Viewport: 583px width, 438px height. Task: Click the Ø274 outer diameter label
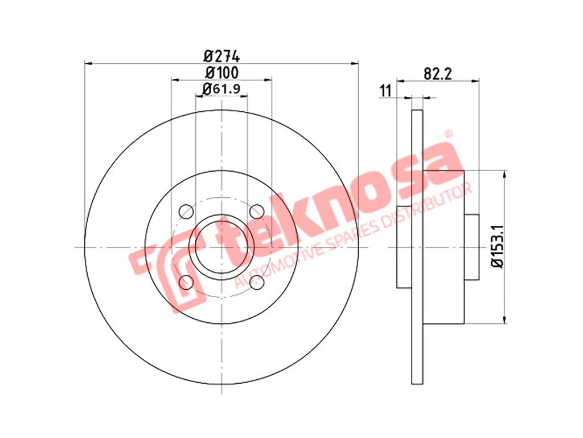(221, 56)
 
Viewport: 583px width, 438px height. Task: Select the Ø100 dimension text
(221, 72)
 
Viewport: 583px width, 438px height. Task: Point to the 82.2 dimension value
(438, 74)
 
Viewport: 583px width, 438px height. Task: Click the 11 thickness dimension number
(385, 91)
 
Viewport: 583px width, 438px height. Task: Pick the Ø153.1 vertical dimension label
(498, 246)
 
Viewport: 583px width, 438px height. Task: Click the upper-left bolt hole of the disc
(186, 212)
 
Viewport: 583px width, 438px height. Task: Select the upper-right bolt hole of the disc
(257, 212)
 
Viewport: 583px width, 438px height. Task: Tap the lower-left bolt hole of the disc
(186, 282)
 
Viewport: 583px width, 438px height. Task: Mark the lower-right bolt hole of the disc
(257, 282)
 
